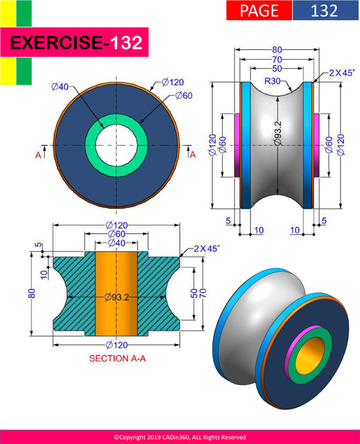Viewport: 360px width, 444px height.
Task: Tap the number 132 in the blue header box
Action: tap(324, 10)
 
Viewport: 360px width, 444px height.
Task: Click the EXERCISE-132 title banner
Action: tap(76, 44)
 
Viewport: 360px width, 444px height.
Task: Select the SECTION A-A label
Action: tap(117, 359)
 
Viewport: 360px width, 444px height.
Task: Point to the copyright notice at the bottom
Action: tap(180, 437)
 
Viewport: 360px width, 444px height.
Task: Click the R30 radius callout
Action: tap(273, 81)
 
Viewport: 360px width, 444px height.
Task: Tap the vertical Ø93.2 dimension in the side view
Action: tap(277, 133)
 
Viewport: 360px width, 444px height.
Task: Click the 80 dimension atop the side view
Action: tap(277, 50)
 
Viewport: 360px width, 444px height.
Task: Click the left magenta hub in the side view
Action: tap(237, 145)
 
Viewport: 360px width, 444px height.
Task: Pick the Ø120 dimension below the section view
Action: tap(116, 344)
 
